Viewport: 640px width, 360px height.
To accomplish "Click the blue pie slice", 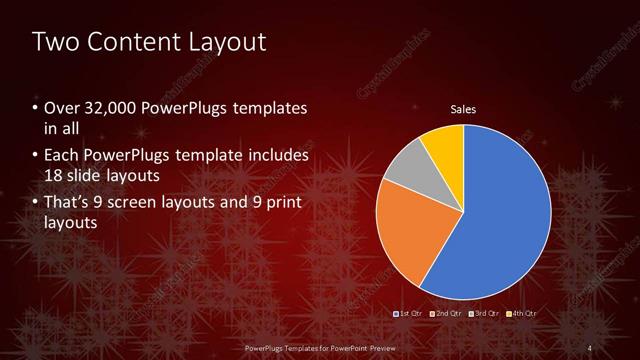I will point(500,210).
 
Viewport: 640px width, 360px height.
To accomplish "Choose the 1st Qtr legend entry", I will point(410,314).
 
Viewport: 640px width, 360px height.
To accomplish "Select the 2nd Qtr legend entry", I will point(447,314).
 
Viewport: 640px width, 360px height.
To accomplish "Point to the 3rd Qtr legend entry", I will point(485,314).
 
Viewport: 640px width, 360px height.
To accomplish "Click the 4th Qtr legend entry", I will point(522,314).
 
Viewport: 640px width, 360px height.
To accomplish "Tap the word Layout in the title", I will point(225,42).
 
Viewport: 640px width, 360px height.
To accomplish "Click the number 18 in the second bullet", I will point(54,176).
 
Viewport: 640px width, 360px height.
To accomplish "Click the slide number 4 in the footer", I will point(590,346).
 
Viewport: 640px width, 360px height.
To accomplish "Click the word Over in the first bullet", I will point(60,107).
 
